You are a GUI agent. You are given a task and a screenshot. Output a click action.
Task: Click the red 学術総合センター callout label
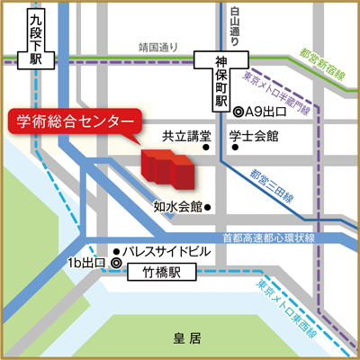pos(74,121)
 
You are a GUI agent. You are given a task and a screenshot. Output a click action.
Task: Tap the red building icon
pos(166,167)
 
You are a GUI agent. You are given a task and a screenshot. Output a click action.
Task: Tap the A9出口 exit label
pos(264,113)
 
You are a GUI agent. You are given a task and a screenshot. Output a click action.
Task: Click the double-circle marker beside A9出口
pos(237,113)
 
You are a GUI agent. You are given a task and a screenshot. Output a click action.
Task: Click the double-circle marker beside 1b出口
pos(115,262)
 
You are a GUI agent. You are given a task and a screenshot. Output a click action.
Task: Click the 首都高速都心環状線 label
pos(268,238)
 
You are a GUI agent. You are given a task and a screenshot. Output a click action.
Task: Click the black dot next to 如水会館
pos(208,206)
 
